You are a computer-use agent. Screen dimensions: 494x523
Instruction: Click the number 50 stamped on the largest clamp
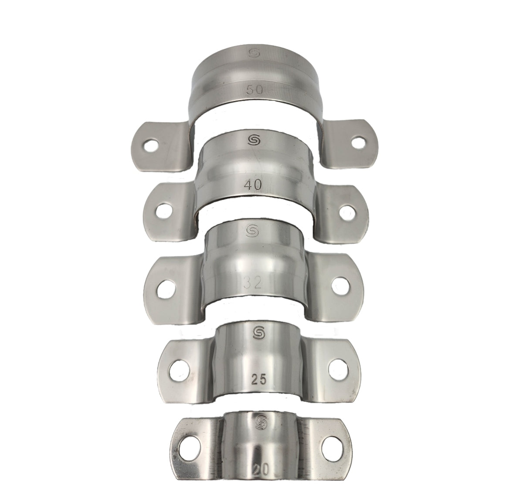[x=254, y=90]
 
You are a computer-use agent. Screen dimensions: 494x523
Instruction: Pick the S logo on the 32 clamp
[x=252, y=230]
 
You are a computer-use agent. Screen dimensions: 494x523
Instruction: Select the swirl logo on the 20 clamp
[x=261, y=421]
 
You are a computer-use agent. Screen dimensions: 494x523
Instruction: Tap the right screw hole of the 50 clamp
[x=358, y=141]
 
